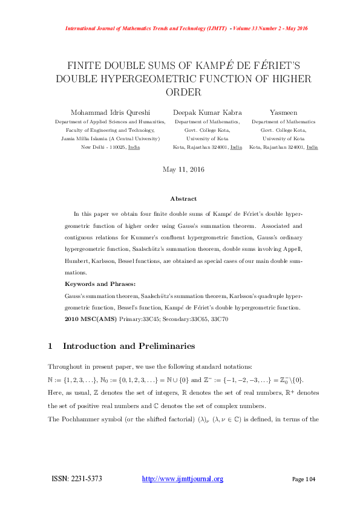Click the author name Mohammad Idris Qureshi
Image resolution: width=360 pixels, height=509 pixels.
click(x=110, y=112)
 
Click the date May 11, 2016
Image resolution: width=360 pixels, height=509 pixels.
click(x=183, y=169)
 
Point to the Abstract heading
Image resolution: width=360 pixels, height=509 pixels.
click(x=183, y=198)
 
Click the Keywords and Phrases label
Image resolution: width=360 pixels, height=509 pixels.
click(x=100, y=284)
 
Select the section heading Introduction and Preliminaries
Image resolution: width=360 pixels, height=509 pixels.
click(x=129, y=346)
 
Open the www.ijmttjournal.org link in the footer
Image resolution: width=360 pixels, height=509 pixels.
click(x=182, y=479)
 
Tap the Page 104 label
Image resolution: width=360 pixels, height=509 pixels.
click(x=304, y=479)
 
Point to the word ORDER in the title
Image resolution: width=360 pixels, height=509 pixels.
click(x=183, y=92)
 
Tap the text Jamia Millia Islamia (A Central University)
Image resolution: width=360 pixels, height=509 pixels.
click(x=111, y=138)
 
